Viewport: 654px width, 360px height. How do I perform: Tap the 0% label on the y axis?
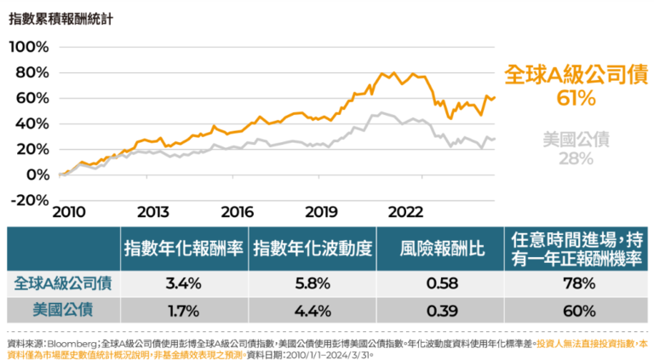coord(37,174)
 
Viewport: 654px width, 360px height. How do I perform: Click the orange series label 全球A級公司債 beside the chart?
coord(576,74)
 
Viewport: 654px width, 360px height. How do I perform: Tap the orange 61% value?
coord(576,99)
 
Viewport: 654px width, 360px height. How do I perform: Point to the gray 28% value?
coord(576,158)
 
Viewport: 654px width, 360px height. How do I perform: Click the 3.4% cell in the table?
coord(184,282)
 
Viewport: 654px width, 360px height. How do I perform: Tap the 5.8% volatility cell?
coord(313,282)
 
